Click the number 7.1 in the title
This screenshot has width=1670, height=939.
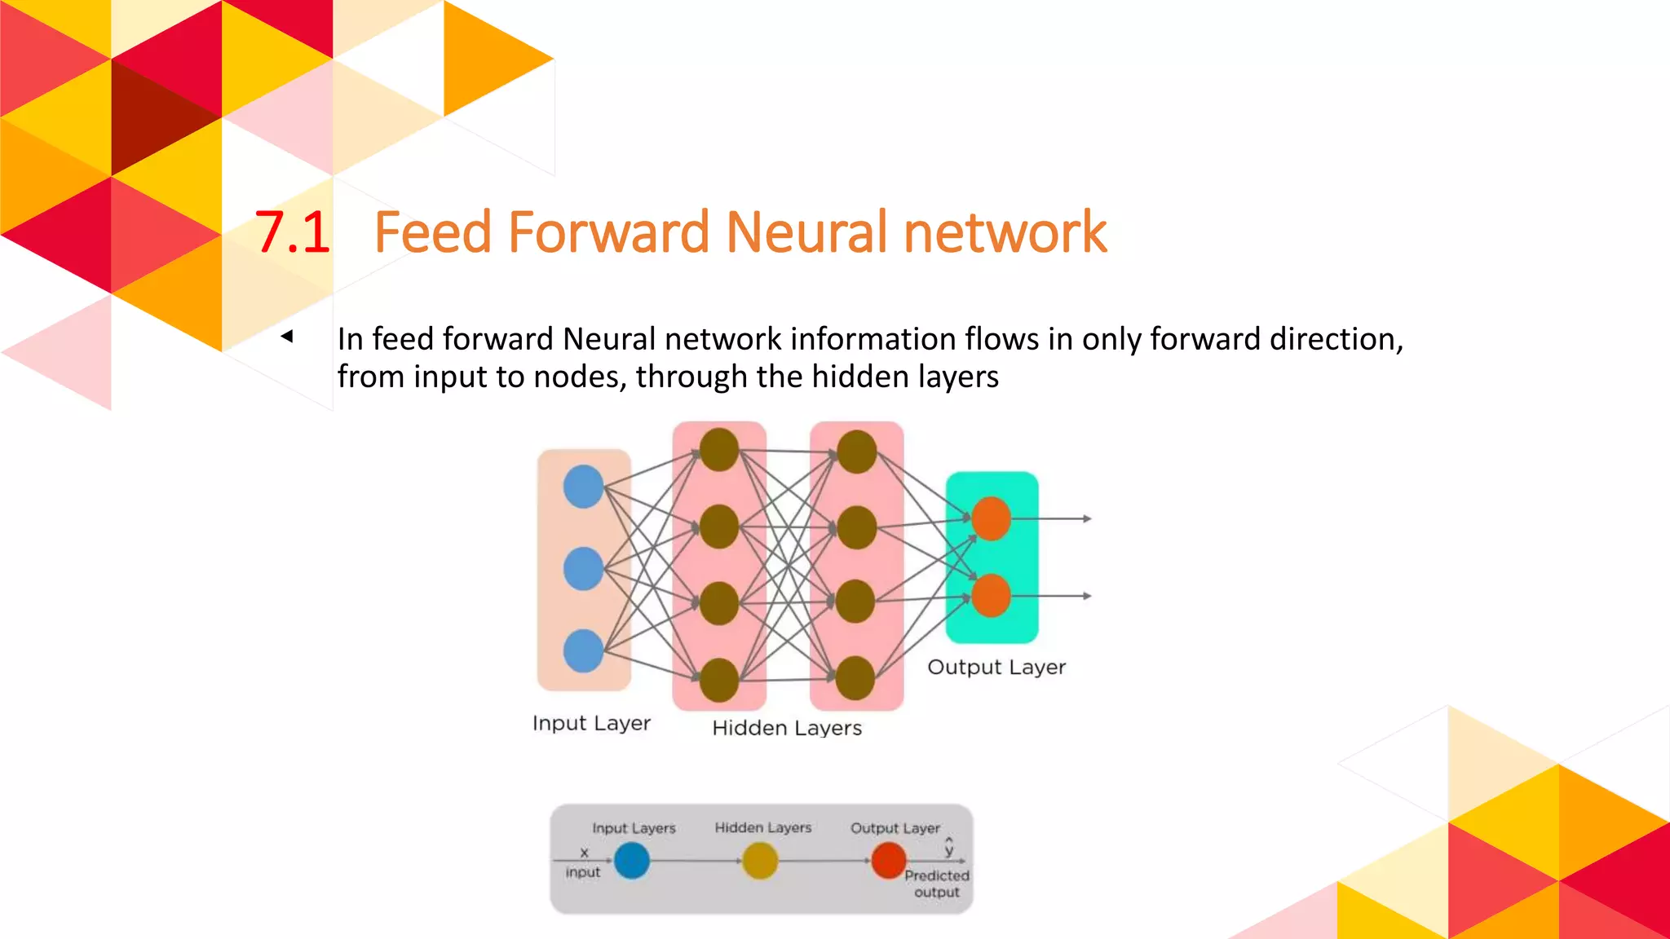tap(292, 233)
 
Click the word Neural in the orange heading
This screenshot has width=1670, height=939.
tap(806, 233)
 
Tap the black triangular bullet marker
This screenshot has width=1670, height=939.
tap(287, 336)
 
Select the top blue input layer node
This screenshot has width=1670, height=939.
tap(583, 487)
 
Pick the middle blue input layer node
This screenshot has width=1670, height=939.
tap(583, 568)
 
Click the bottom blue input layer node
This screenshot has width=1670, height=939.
tap(583, 650)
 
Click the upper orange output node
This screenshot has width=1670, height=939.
tap(991, 518)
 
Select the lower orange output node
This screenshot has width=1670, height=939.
tap(991, 595)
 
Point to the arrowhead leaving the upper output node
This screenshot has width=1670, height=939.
tap(1087, 518)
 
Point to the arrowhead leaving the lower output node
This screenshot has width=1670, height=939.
tap(1087, 596)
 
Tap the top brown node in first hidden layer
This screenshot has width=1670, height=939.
tap(719, 450)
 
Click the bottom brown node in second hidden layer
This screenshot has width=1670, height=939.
tap(855, 678)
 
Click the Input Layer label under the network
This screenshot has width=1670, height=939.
tap(591, 723)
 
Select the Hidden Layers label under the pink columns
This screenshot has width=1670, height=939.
tap(787, 728)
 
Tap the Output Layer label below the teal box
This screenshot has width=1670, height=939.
tap(996, 667)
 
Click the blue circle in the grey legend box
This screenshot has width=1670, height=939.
tap(632, 861)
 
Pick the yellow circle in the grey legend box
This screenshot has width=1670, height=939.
tap(760, 861)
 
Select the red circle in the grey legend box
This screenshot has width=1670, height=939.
tap(889, 861)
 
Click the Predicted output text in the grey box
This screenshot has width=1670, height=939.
tap(937, 884)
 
